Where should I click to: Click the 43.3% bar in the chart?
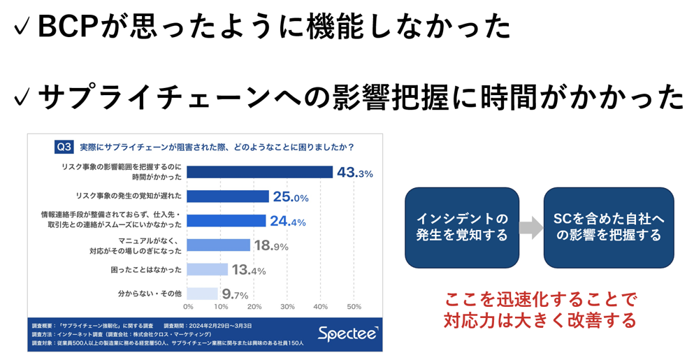tap(260, 172)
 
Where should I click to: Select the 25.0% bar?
tap(228, 196)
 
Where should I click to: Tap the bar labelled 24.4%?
tap(226, 221)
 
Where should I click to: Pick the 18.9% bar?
tap(219, 245)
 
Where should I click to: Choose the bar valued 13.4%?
tap(208, 270)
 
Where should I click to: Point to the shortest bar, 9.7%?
tap(203, 294)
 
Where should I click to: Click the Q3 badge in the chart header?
tap(64, 147)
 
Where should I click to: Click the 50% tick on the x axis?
tap(354, 306)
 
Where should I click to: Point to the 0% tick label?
tap(188, 306)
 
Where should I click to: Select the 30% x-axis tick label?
tap(287, 306)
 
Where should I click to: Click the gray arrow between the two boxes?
tap(531, 227)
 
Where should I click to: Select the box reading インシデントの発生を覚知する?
tap(462, 227)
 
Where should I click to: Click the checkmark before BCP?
tap(20, 28)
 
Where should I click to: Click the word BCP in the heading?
tap(70, 27)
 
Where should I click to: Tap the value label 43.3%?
tap(355, 173)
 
